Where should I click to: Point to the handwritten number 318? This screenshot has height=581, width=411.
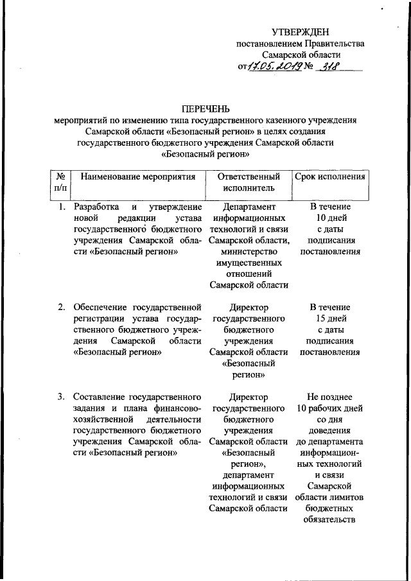click(330, 67)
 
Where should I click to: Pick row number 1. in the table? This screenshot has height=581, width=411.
click(61, 207)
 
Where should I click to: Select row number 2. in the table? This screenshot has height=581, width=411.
click(61, 307)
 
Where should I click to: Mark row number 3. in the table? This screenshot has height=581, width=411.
click(61, 396)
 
